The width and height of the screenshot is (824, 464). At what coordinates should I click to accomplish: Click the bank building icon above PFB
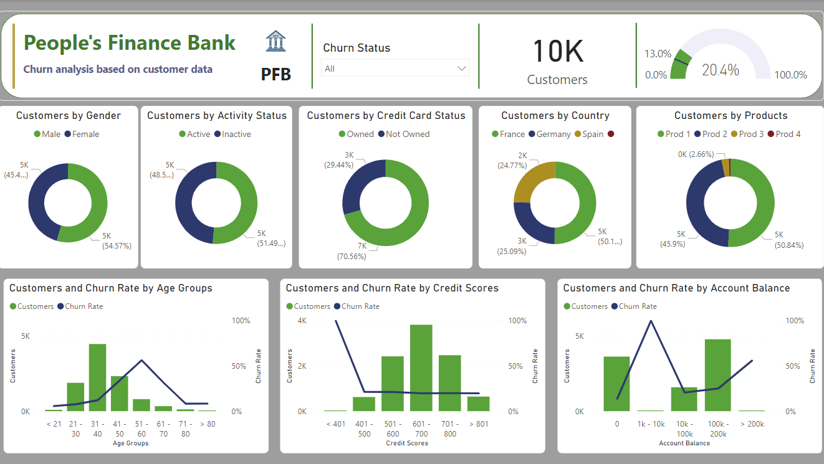pos(275,41)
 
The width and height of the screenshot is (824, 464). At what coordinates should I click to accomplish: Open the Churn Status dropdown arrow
pos(462,69)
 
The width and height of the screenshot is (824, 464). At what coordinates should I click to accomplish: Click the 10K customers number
pos(557,51)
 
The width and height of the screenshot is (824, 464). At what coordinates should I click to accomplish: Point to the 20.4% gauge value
pos(720,70)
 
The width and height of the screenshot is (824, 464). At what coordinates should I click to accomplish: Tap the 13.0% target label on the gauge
pos(658,54)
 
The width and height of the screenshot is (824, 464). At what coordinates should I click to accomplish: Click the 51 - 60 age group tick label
pos(141,428)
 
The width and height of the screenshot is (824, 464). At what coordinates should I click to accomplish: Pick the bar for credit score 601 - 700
pos(421,367)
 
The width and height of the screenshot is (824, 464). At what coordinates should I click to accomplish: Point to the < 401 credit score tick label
pos(335,424)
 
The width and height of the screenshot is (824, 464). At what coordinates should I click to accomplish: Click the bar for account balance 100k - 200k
pos(717,375)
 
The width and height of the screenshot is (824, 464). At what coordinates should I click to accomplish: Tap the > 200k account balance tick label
pos(751,424)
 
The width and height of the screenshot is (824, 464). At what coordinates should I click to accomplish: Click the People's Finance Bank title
pos(130,43)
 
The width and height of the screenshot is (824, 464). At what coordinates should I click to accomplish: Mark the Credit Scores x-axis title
pos(406,443)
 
